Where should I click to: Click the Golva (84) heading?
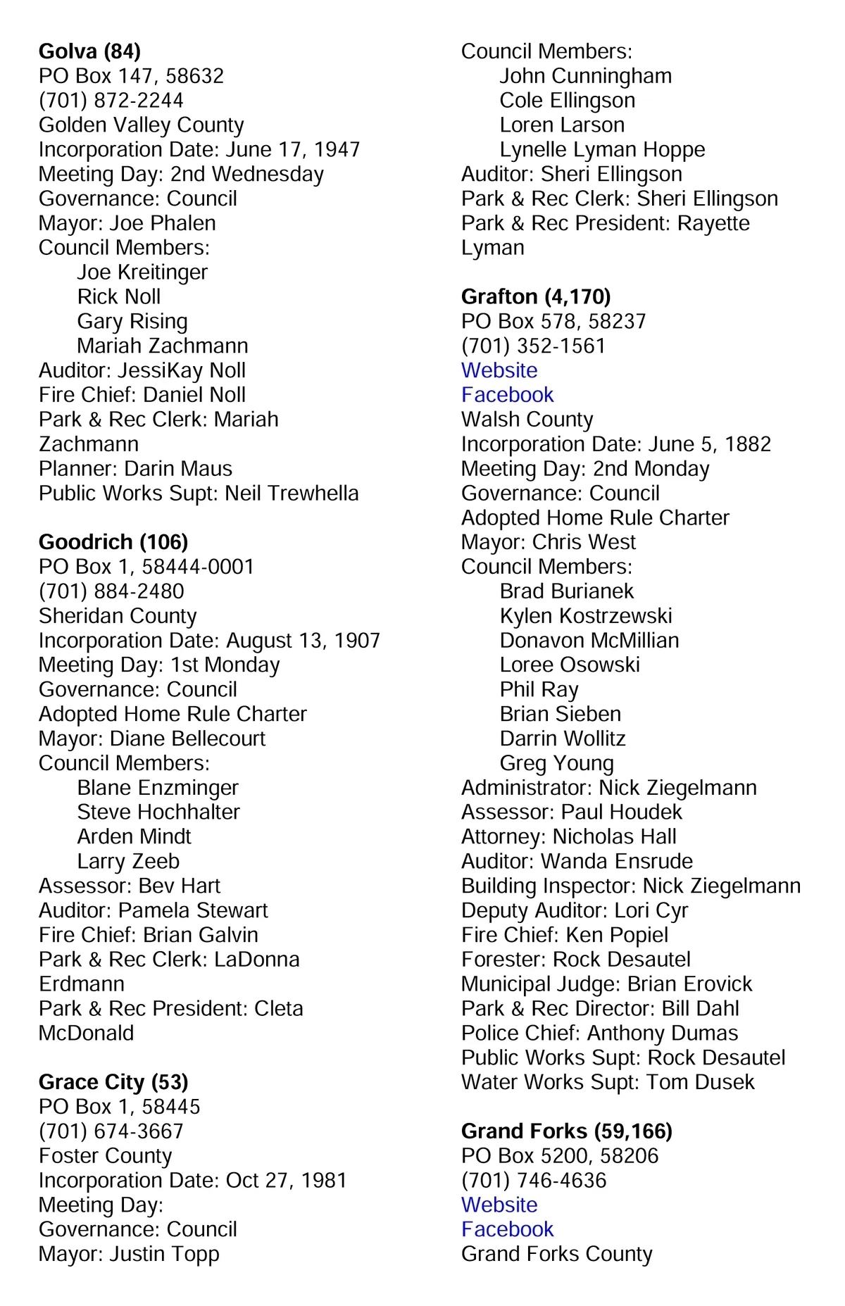(89, 51)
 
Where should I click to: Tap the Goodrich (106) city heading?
(113, 542)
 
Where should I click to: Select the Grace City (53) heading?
(113, 1082)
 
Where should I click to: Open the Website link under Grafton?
(499, 370)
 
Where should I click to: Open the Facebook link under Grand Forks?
(507, 1229)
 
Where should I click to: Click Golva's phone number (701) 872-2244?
(111, 101)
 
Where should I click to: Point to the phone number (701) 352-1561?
(533, 346)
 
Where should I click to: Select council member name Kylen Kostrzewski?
(586, 616)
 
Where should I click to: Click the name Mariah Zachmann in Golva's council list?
(163, 346)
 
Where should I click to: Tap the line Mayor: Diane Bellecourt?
(152, 739)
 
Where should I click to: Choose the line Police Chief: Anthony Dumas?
(599, 1033)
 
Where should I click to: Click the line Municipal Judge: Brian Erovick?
(606, 984)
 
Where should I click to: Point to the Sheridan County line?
(118, 616)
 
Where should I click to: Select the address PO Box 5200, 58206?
(560, 1156)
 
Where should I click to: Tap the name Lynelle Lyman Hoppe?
(602, 150)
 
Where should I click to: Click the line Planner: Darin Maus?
(135, 469)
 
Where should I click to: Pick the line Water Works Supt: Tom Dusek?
(608, 1082)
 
